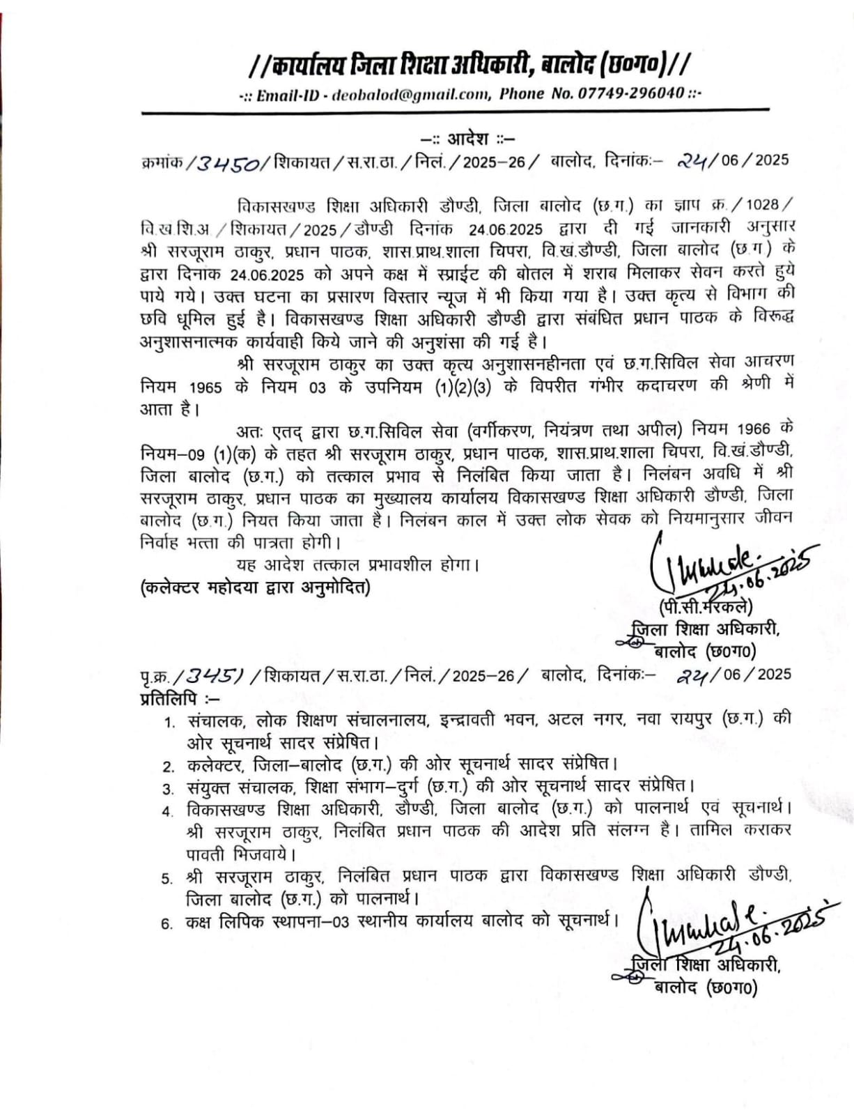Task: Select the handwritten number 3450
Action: pos(229,164)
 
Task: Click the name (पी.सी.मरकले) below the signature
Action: pos(705,606)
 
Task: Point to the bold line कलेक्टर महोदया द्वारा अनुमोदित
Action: pos(256,587)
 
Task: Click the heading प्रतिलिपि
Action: pos(169,697)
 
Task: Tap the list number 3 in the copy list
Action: pos(168,789)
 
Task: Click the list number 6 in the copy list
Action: pos(167,923)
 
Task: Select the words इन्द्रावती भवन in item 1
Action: pos(482,719)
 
